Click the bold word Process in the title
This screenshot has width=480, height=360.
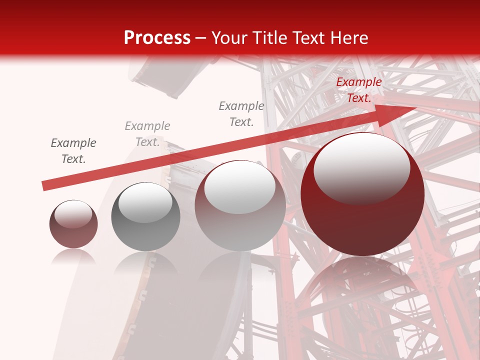pos(157,38)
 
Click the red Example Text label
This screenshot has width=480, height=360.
pos(358,90)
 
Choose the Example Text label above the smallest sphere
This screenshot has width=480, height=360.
pos(73,150)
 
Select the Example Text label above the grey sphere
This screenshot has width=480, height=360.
pos(147,133)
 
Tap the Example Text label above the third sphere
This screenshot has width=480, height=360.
pos(241,113)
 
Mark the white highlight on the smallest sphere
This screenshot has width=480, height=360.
pos(73,214)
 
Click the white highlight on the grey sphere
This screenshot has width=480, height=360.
pos(145,202)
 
